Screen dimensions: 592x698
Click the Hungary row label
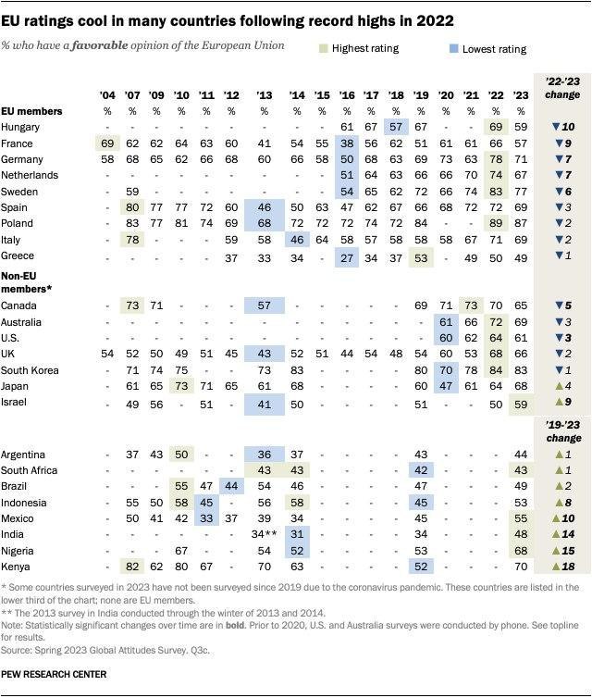(x=20, y=128)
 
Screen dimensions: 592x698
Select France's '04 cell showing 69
(x=107, y=143)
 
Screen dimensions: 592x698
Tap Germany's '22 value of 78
(x=496, y=159)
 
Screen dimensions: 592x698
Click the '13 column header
(x=265, y=95)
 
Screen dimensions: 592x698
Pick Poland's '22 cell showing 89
(x=496, y=223)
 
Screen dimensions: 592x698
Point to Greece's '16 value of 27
(x=347, y=258)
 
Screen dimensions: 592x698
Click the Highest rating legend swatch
(x=324, y=48)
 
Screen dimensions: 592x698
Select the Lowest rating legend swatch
(x=453, y=48)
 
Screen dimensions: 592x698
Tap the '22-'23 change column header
(x=562, y=88)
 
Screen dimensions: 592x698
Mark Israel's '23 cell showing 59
(x=521, y=405)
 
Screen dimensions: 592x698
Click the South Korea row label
(x=30, y=370)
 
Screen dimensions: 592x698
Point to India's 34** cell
(x=265, y=534)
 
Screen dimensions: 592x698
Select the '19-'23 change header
(x=563, y=431)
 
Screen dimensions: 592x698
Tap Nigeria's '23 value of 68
(x=521, y=551)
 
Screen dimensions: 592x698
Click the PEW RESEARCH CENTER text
(x=54, y=675)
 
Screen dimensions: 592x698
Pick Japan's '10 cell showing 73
(x=181, y=386)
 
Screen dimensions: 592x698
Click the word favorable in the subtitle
(x=100, y=45)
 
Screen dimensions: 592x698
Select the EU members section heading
(x=31, y=111)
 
